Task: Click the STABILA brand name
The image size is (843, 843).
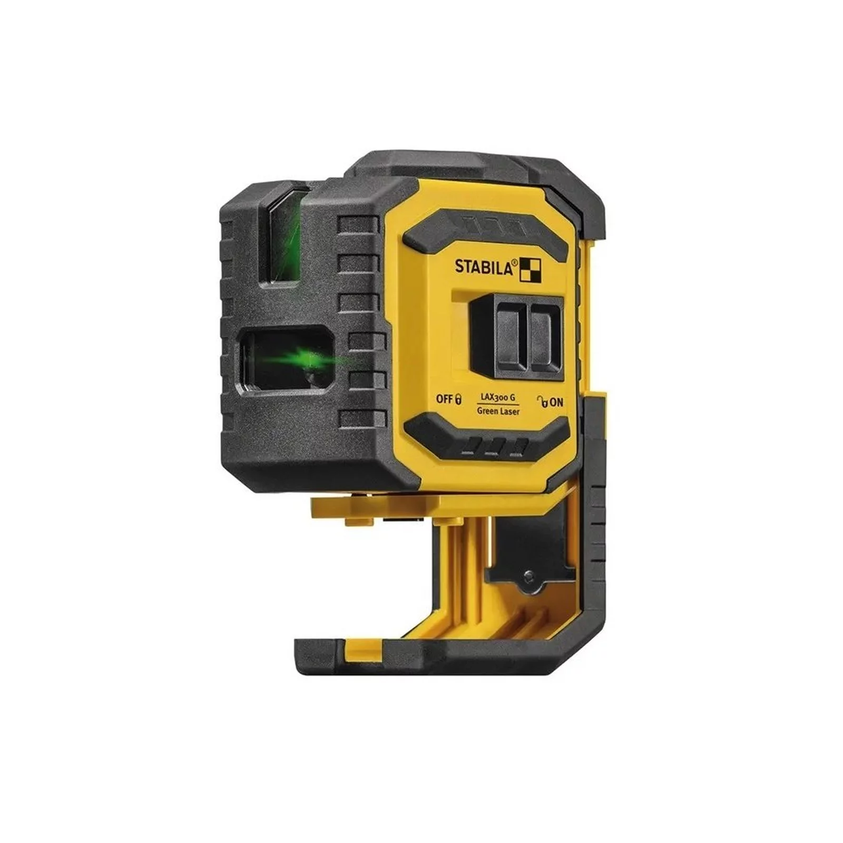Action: click(484, 266)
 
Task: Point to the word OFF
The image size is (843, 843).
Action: click(445, 398)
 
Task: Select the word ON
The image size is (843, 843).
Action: click(556, 403)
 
